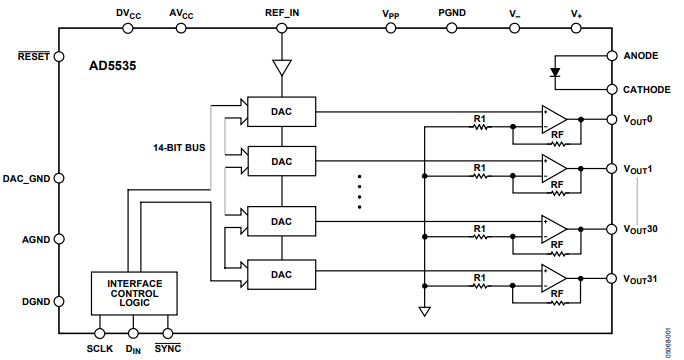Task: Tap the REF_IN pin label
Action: click(x=283, y=12)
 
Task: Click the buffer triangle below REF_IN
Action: click(x=283, y=68)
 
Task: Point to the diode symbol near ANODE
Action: click(x=555, y=72)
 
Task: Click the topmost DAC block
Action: click(x=282, y=111)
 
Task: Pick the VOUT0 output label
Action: click(x=638, y=119)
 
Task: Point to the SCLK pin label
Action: click(x=99, y=349)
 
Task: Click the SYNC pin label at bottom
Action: click(x=167, y=349)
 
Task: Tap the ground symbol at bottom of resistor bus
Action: click(x=424, y=312)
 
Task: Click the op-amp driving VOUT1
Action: click(x=553, y=168)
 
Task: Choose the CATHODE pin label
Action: click(x=646, y=89)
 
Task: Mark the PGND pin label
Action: click(x=451, y=12)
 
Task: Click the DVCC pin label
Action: click(x=130, y=13)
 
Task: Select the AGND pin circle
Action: click(x=58, y=240)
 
